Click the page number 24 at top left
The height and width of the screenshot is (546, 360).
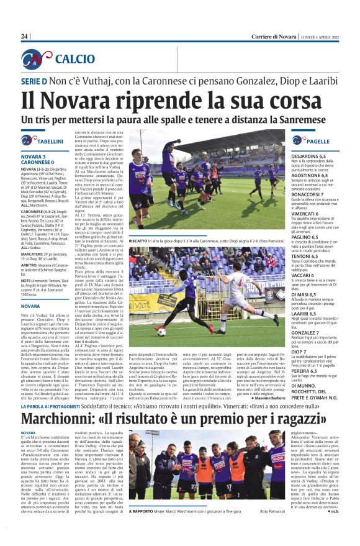pyautogui.click(x=25, y=37)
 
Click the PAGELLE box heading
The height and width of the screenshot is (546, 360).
pyautogui.click(x=319, y=142)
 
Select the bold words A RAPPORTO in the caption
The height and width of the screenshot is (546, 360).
pyautogui.click(x=142, y=511)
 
